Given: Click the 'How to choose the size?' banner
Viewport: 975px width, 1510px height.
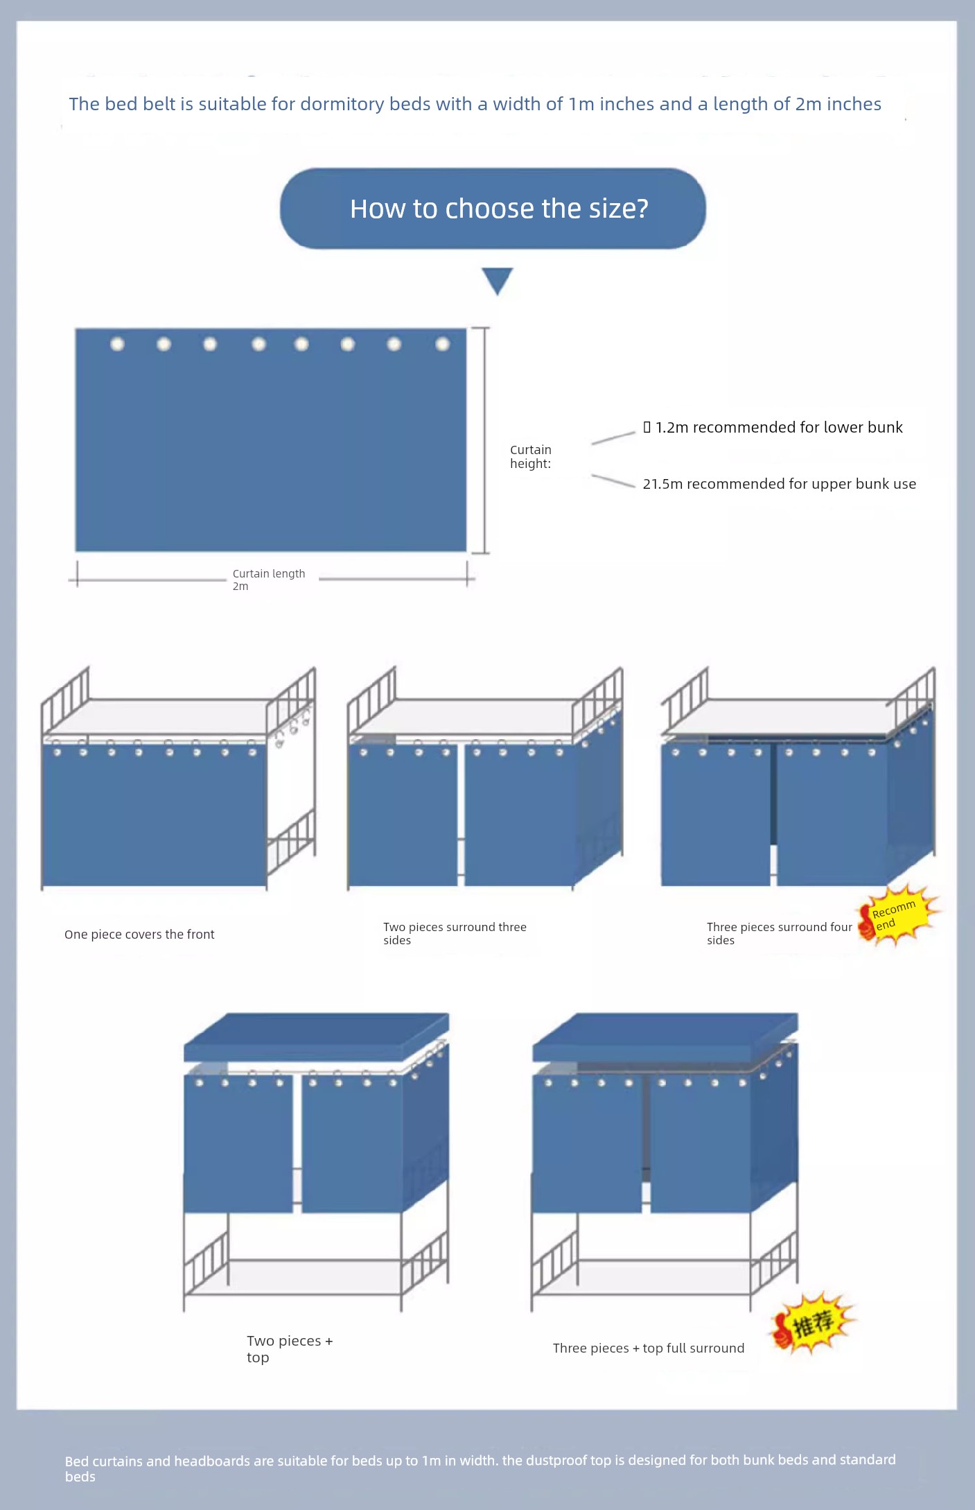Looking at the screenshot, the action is (493, 208).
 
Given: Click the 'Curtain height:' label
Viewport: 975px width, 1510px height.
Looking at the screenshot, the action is (531, 457).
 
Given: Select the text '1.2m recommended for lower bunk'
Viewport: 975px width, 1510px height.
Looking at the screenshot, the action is (779, 427).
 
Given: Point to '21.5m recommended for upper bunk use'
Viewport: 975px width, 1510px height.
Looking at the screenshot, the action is (779, 484).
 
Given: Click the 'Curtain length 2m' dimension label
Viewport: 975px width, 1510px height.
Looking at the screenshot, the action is (269, 580).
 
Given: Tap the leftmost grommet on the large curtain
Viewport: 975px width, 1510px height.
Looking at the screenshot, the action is (117, 344).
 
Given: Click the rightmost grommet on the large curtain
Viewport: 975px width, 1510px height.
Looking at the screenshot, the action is (442, 344).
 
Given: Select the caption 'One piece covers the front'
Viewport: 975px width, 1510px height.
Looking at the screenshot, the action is (139, 935).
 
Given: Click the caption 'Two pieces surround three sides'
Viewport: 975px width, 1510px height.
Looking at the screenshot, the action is (455, 933).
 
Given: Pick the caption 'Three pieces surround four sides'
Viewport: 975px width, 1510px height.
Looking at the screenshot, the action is (779, 933).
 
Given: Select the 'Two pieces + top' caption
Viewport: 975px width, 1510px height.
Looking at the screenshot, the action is (290, 1349).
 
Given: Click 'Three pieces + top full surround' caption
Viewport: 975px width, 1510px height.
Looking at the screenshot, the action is (649, 1348).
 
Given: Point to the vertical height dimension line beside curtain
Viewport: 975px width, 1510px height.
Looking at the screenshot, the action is (484, 440).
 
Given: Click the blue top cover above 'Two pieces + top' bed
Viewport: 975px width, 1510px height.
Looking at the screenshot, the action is (316, 1037).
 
